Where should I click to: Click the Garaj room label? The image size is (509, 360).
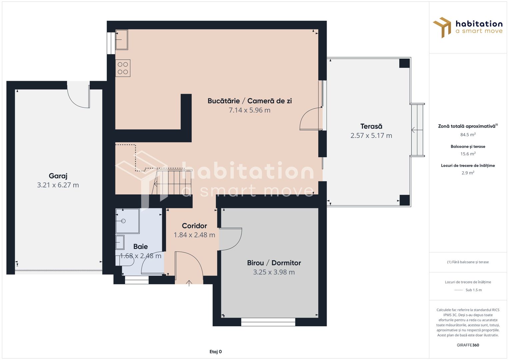[58, 176]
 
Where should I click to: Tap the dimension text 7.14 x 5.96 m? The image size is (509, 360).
[249, 110]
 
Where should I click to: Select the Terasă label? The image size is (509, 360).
[371, 126]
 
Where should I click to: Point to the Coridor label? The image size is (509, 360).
[194, 226]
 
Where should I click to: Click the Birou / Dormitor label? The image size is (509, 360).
[274, 263]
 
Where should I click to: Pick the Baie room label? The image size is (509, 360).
[140, 247]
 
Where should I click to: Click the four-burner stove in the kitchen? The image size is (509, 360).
[123, 68]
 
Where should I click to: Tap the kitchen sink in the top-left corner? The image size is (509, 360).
[122, 40]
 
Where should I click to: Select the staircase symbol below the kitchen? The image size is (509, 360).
[172, 182]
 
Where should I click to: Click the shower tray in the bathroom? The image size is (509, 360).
[127, 221]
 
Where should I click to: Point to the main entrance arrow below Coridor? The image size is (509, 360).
[189, 283]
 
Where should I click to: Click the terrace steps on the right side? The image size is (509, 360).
[417, 130]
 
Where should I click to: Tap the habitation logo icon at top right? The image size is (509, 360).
[442, 27]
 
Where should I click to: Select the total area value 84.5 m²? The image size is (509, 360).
[468, 135]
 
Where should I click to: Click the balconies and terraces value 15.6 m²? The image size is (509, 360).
[468, 154]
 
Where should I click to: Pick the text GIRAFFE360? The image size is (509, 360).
[468, 345]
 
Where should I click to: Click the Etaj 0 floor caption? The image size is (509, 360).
[216, 352]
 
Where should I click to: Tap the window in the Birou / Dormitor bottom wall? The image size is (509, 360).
[268, 322]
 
